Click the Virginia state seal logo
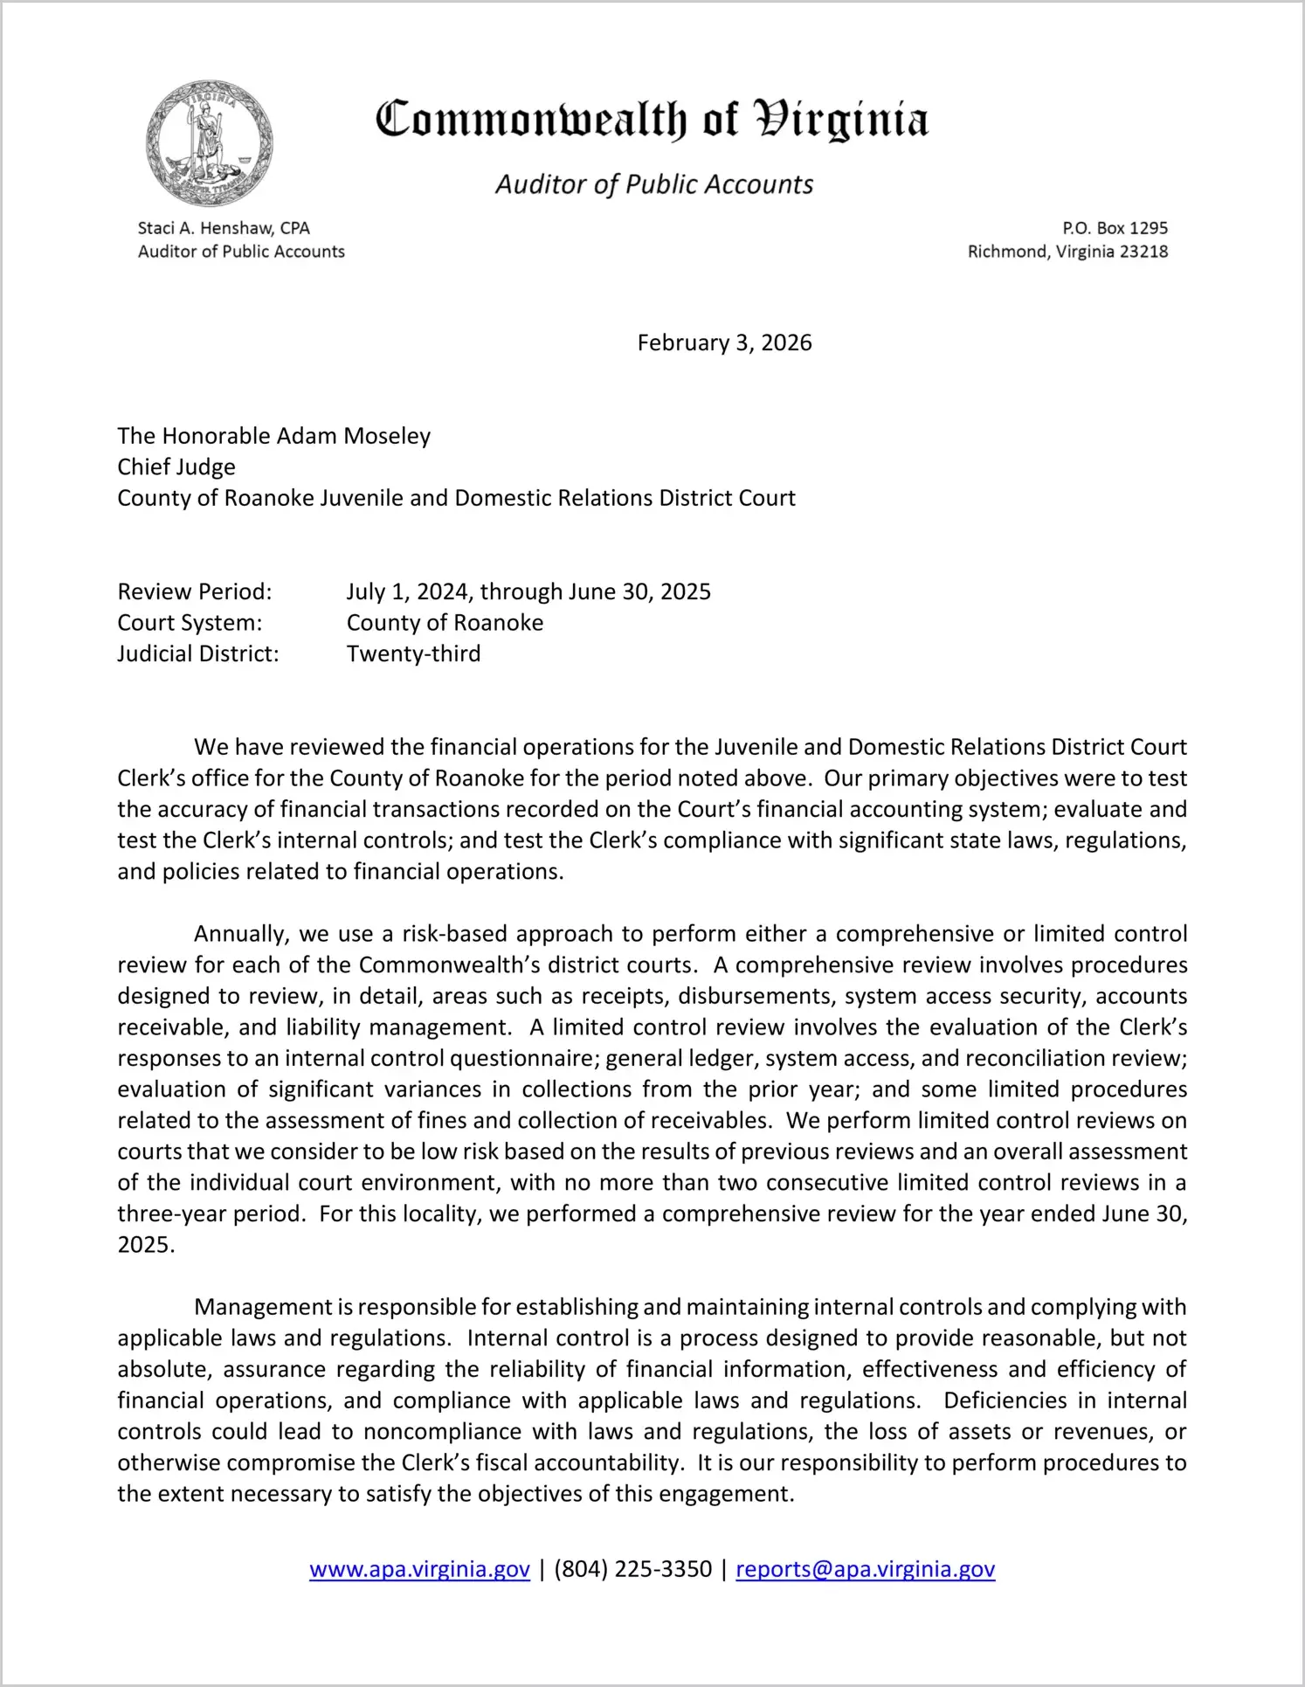(210, 143)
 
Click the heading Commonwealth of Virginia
(652, 121)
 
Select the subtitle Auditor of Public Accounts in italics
(654, 184)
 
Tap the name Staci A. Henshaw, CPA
(224, 228)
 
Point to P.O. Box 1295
(1115, 228)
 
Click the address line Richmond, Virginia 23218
(1067, 252)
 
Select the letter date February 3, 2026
(724, 342)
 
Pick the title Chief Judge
(176, 467)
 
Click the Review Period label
(195, 591)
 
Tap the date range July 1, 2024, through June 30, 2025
(528, 591)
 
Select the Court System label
(190, 623)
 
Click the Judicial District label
(198, 653)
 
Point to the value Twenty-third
(413, 653)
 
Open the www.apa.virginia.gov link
(419, 1569)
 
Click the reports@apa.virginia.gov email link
(865, 1569)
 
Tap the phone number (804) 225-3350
(632, 1569)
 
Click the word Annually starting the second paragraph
(241, 934)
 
